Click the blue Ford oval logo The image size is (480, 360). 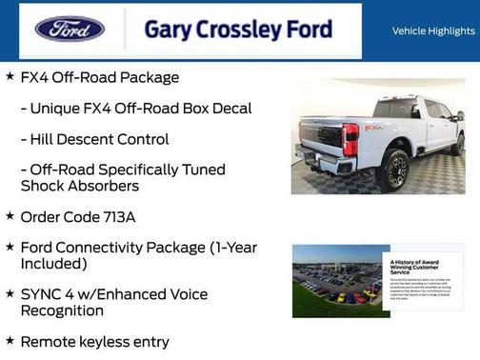pyautogui.click(x=70, y=29)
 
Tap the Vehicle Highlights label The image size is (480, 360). pyautogui.click(x=433, y=30)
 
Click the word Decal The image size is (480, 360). pyautogui.click(x=230, y=109)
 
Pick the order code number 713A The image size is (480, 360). pyautogui.click(x=114, y=217)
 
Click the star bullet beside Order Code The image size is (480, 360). pyautogui.click(x=10, y=216)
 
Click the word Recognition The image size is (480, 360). pyautogui.click(x=62, y=310)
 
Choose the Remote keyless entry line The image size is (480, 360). pyautogui.click(x=94, y=341)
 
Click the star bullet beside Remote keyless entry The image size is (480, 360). pyautogui.click(x=10, y=340)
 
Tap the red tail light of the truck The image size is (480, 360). pyautogui.click(x=350, y=138)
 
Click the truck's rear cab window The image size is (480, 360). pyautogui.click(x=397, y=109)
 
